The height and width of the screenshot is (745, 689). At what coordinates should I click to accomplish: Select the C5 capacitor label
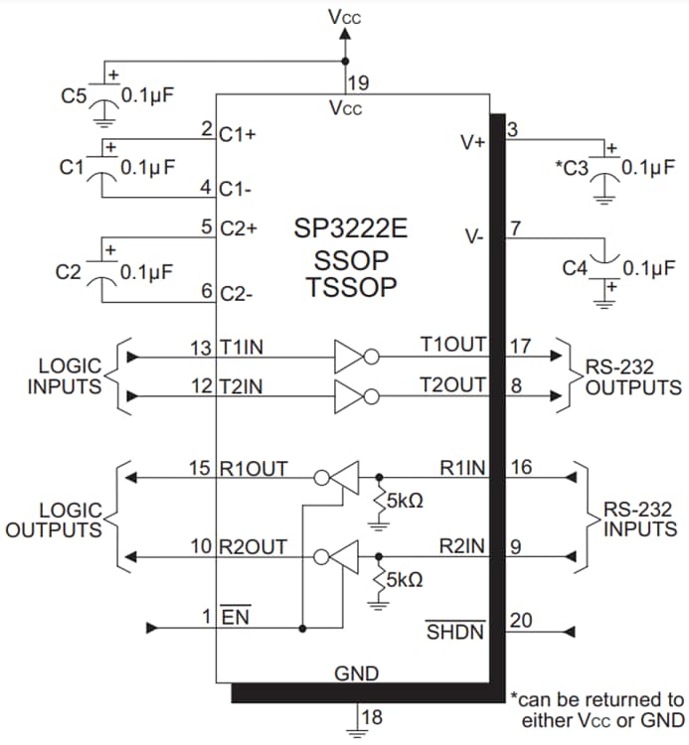(74, 96)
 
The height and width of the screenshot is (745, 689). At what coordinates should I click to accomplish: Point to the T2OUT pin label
(453, 384)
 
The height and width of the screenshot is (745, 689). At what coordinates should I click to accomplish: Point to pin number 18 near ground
(371, 717)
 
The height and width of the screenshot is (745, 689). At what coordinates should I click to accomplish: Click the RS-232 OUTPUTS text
(632, 376)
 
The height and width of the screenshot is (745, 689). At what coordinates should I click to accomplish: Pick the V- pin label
(474, 236)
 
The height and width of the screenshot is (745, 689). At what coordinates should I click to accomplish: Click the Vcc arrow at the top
(344, 34)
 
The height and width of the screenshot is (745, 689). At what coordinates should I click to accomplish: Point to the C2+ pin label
(239, 227)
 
